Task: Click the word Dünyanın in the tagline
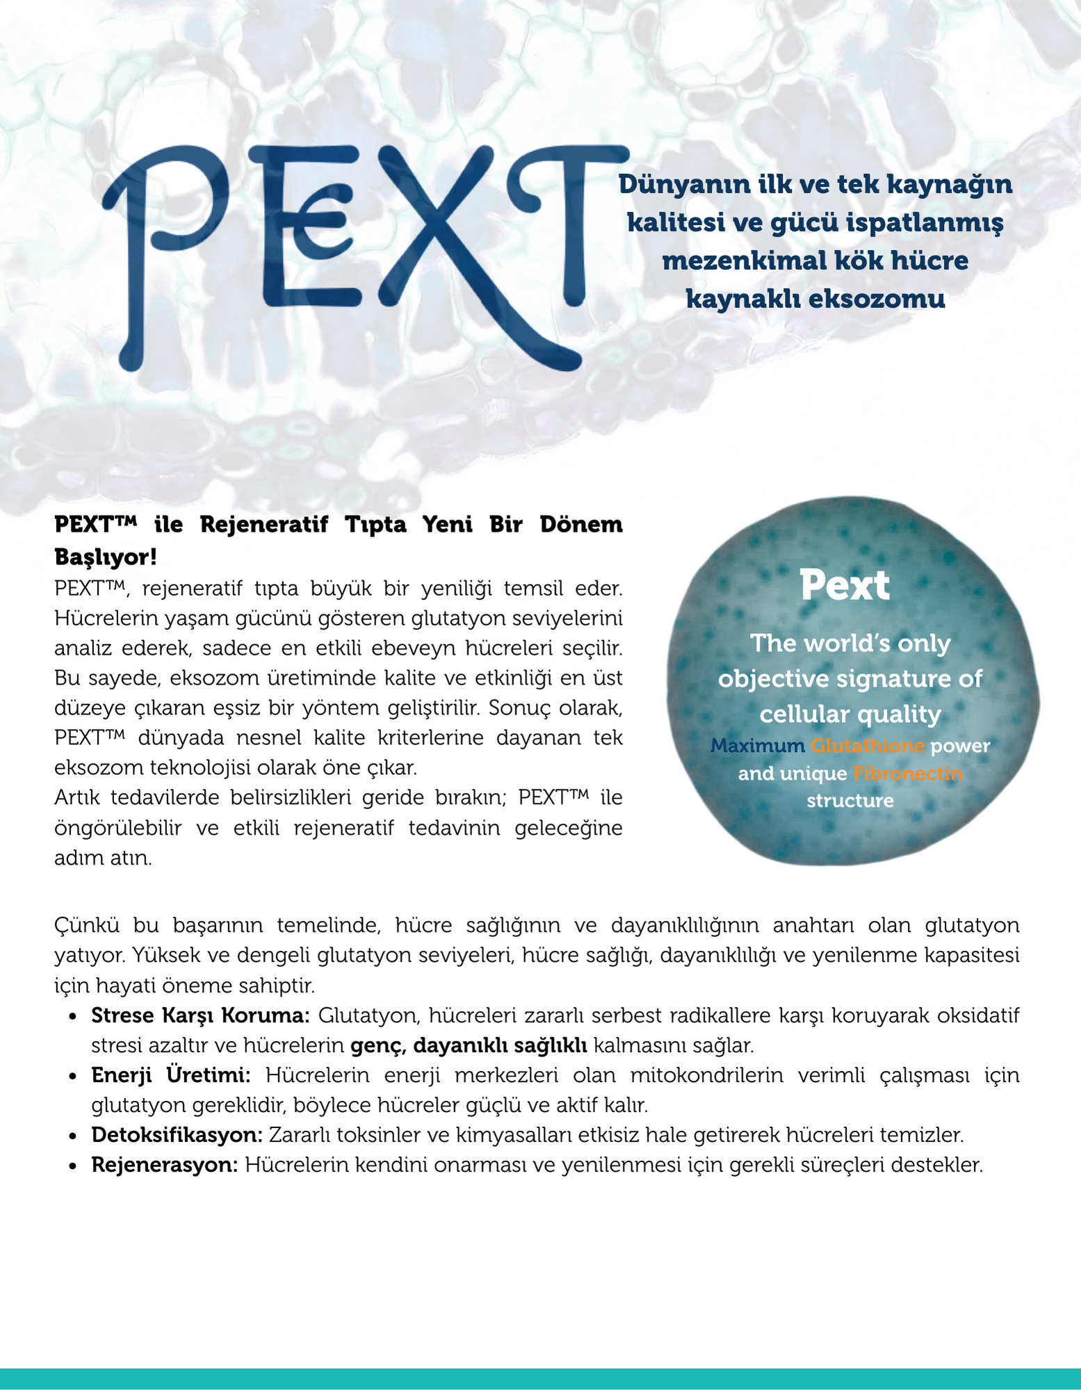[x=674, y=185]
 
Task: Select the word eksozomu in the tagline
[x=878, y=300]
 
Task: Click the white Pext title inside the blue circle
[x=844, y=585]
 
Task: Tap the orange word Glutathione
[x=868, y=746]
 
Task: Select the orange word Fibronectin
[x=907, y=774]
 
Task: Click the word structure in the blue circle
[x=850, y=801]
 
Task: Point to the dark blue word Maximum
[x=756, y=746]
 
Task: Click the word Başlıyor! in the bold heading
[x=106, y=557]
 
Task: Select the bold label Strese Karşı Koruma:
[x=200, y=1015]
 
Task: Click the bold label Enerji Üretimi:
[x=171, y=1075]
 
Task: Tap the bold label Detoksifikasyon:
[x=177, y=1135]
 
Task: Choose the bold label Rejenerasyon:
[x=165, y=1165]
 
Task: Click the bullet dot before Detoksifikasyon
[x=72, y=1136]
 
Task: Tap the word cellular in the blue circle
[x=802, y=714]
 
